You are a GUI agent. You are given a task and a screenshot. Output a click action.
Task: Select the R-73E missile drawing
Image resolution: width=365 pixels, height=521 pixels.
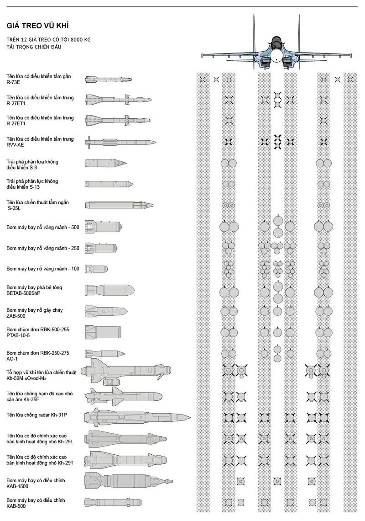click(x=109, y=80)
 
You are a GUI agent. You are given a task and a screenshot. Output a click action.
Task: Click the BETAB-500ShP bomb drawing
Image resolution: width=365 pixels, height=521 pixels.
click(x=109, y=290)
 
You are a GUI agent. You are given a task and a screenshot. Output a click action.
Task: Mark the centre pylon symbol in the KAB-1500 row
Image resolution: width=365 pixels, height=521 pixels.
click(x=275, y=481)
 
